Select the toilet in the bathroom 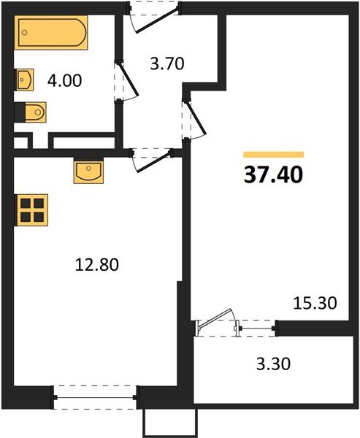(x=34, y=112)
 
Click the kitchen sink (x=88, y=172)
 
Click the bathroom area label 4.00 (x=64, y=79)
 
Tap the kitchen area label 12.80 (x=96, y=264)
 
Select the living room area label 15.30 (x=315, y=302)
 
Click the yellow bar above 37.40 (x=273, y=154)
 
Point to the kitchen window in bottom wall (x=96, y=398)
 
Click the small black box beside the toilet (x=20, y=112)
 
